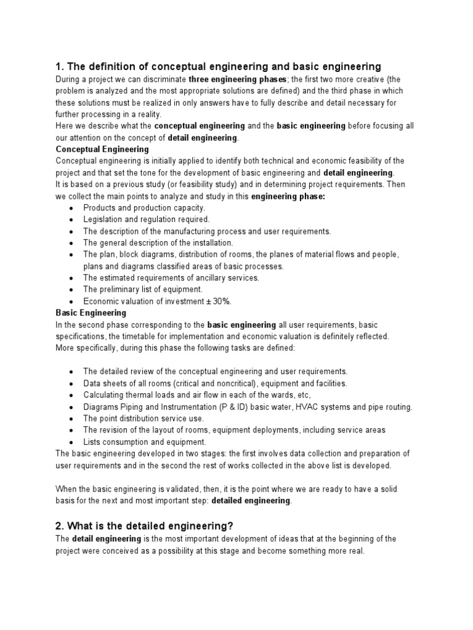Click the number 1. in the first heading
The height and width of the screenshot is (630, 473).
click(x=60, y=66)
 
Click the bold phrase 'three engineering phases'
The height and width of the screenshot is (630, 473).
click(x=238, y=80)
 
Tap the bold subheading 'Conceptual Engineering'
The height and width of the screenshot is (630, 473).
click(x=102, y=150)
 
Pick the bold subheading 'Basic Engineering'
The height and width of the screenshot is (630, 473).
click(x=91, y=313)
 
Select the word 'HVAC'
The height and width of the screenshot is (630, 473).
click(x=315, y=407)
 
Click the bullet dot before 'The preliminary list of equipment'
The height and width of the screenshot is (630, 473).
click(x=71, y=290)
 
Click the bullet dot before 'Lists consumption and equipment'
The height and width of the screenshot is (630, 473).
click(x=71, y=442)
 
